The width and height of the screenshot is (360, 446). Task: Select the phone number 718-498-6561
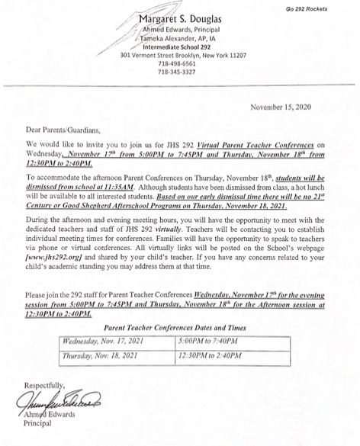[x=178, y=64]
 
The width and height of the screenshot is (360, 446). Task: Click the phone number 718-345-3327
[x=178, y=72]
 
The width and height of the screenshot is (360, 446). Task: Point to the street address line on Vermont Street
[x=178, y=56]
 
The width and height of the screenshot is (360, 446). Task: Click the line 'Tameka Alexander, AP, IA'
[x=178, y=39]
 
